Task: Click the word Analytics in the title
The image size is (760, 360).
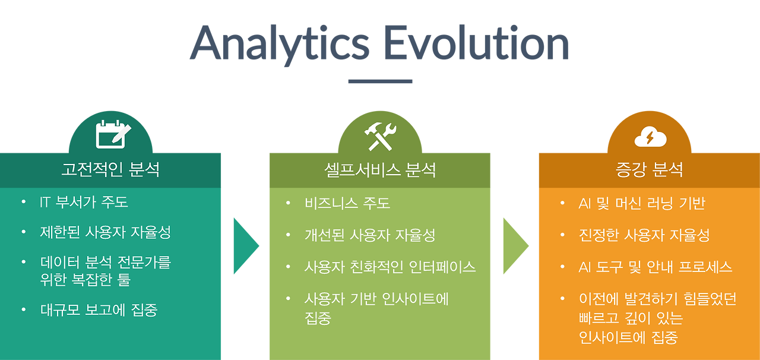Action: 279,44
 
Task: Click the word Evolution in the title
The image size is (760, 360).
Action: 476,43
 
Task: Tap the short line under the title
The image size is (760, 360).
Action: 380,81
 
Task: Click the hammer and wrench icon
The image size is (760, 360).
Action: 380,136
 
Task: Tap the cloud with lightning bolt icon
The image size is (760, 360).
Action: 650,137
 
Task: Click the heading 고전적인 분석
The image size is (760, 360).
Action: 110,169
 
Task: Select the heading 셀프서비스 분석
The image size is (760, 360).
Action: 380,170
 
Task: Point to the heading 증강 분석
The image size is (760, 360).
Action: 649,169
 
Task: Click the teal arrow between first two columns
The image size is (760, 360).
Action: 245,246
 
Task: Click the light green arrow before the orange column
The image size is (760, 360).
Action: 515,246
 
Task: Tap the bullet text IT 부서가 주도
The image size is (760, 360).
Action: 84,202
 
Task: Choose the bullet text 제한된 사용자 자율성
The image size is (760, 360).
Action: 106,232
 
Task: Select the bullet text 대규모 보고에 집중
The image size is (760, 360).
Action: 99,310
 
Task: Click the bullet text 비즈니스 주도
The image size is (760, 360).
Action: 347,203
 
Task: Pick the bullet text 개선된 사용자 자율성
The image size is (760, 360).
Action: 370,235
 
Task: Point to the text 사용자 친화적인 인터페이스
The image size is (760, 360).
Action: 390,267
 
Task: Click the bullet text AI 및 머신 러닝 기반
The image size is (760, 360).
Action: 642,203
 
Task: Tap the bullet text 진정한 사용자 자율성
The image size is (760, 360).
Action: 644,235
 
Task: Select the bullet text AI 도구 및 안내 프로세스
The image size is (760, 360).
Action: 655,267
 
